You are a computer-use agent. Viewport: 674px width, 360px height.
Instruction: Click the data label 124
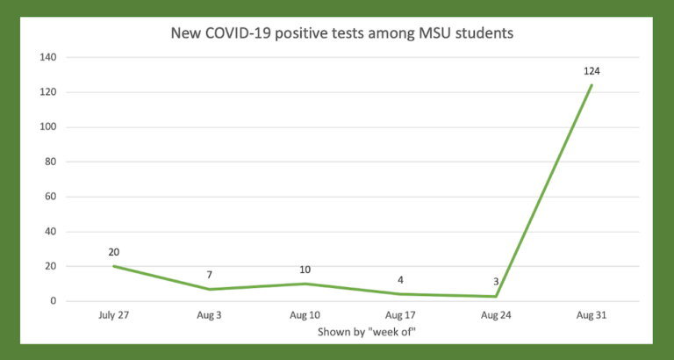(591, 71)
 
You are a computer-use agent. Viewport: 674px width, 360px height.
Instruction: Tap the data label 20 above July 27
(114, 252)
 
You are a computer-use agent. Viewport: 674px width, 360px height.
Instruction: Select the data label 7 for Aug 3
(209, 275)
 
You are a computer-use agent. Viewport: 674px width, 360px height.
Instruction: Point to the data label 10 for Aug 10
(305, 270)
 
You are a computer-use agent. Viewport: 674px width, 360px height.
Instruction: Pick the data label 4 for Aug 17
(400, 280)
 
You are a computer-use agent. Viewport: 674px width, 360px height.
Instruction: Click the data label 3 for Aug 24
(495, 282)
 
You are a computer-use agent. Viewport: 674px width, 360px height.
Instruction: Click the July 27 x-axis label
(114, 314)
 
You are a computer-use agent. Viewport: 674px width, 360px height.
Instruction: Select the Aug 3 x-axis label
(209, 314)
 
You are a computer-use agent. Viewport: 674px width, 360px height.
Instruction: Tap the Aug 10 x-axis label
(305, 314)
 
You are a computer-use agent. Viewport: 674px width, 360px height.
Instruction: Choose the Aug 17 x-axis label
(400, 314)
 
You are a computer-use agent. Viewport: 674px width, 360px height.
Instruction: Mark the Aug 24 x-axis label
(496, 314)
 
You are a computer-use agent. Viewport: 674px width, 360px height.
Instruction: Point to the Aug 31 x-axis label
(591, 314)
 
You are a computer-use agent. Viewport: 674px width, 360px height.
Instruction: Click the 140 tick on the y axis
(47, 58)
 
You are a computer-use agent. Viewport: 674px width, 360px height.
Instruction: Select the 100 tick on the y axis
(47, 127)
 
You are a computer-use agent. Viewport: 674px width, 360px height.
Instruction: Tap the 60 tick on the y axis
(51, 197)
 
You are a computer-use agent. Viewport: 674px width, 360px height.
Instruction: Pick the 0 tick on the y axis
(54, 301)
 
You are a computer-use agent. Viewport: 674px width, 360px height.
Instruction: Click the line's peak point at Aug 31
(592, 85)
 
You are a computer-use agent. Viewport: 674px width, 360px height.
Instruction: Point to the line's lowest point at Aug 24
(496, 296)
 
